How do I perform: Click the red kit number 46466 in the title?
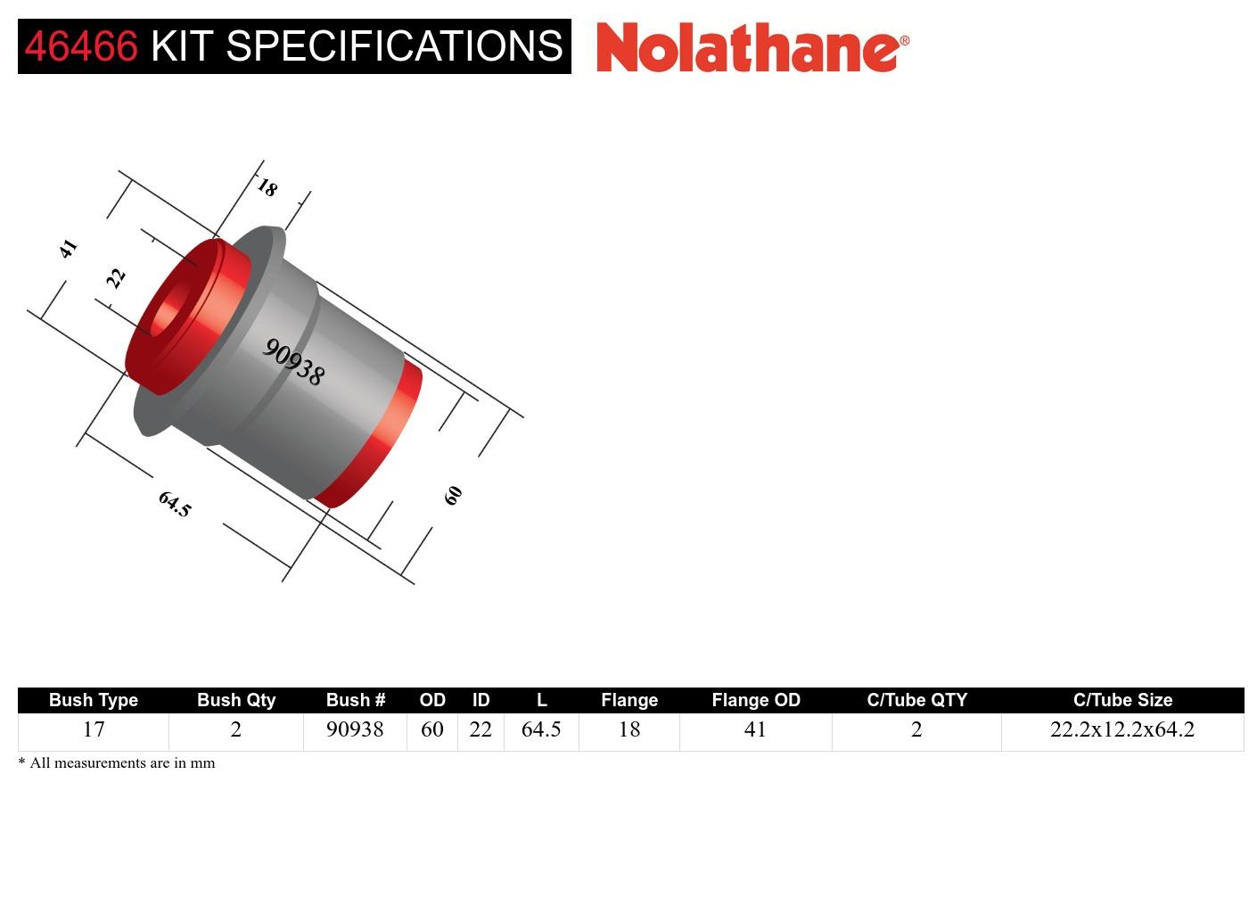81,46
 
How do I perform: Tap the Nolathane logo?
752,47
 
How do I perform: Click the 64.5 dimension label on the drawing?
175,504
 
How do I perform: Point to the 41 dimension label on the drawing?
68,249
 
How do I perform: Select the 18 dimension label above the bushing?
267,187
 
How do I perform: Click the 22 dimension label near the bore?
116,278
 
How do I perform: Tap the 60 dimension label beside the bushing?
453,495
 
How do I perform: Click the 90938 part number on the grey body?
293,361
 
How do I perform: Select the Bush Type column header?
94,700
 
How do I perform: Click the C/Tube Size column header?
1122,700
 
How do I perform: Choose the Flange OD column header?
755,700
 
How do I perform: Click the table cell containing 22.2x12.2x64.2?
1121,729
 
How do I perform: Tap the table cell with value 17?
94,729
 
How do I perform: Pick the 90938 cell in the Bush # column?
355,729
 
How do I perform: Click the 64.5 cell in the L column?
541,729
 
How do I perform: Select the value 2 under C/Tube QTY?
916,729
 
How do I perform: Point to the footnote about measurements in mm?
117,762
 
